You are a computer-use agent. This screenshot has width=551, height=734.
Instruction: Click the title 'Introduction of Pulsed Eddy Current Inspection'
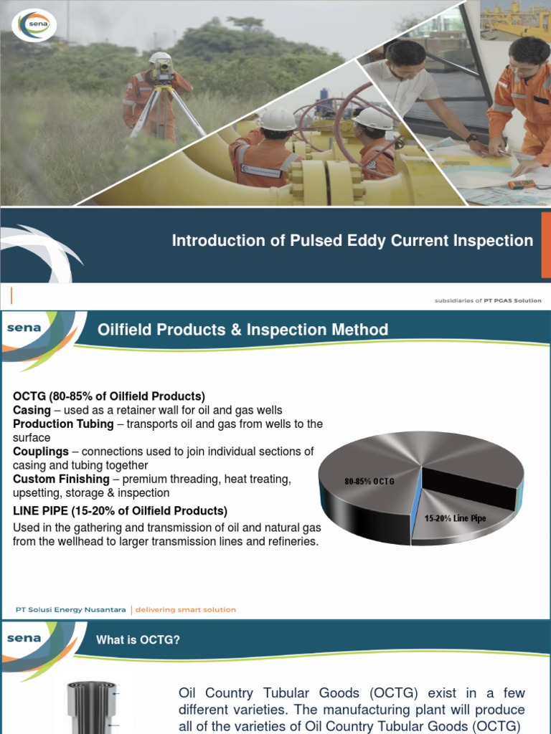(352, 241)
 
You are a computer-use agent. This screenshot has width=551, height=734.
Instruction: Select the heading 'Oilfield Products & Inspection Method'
(242, 330)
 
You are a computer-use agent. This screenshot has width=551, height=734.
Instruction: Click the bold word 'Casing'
(32, 410)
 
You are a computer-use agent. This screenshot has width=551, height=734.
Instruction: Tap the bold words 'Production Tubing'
(63, 424)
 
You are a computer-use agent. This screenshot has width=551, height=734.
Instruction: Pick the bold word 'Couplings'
(41, 452)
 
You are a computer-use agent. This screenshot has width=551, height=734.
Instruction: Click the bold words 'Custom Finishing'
(61, 479)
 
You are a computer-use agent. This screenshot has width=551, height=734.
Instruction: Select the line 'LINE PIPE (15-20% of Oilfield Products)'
(120, 510)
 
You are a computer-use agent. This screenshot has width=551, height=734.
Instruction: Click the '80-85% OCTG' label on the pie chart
(369, 481)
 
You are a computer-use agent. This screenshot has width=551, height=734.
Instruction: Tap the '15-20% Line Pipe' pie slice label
(455, 518)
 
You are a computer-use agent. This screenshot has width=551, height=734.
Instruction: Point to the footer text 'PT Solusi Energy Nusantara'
(70, 609)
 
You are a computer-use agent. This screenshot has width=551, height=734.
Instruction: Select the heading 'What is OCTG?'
(138, 640)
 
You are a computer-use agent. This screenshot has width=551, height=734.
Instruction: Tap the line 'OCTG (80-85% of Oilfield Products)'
(109, 396)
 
